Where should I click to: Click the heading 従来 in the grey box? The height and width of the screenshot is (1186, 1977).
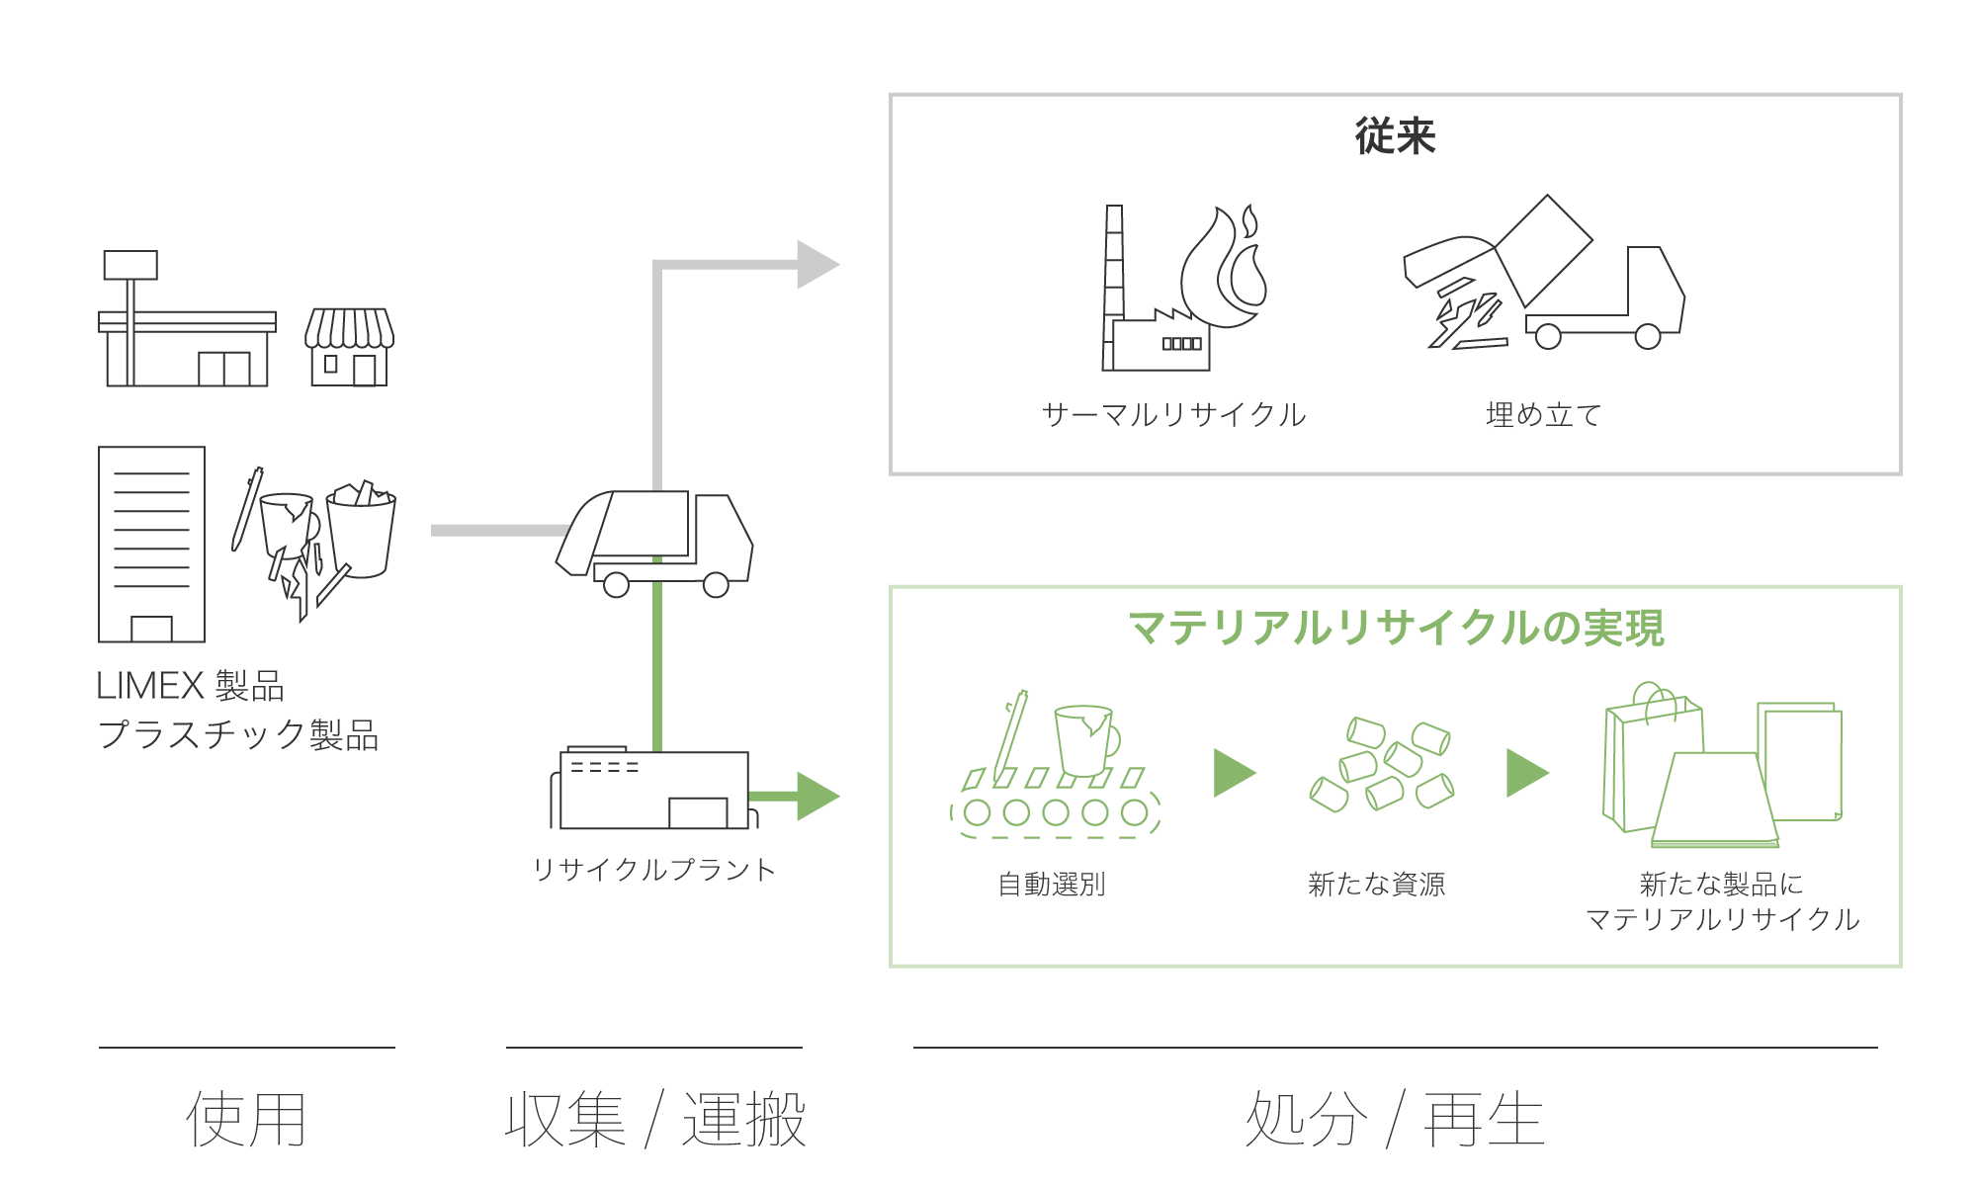1394,136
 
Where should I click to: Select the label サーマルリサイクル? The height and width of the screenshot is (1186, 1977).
1173,414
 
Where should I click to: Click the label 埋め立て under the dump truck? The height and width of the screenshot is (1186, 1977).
1543,414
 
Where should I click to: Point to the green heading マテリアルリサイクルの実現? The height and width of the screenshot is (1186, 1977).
1395,628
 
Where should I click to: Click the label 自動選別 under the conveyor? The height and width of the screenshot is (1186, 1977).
1051,884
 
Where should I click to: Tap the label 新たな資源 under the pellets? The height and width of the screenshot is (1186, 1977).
1376,884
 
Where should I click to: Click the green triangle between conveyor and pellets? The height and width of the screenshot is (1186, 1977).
1233,773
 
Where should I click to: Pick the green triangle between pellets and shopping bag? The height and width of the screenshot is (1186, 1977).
1525,773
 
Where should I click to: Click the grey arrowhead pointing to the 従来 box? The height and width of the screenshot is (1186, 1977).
816,265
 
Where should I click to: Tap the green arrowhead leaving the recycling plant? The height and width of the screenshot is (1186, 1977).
816,796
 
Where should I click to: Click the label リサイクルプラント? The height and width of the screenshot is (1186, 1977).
653,870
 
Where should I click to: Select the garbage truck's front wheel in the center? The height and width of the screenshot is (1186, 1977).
716,585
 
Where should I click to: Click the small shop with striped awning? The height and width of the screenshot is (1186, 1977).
349,347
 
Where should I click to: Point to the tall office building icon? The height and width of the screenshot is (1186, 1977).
151,544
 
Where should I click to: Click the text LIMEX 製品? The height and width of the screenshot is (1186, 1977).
190,685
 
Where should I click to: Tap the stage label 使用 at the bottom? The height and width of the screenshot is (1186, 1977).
246,1120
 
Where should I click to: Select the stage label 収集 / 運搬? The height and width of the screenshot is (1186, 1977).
654,1120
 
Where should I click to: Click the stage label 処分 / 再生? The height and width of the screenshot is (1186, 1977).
1394,1120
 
